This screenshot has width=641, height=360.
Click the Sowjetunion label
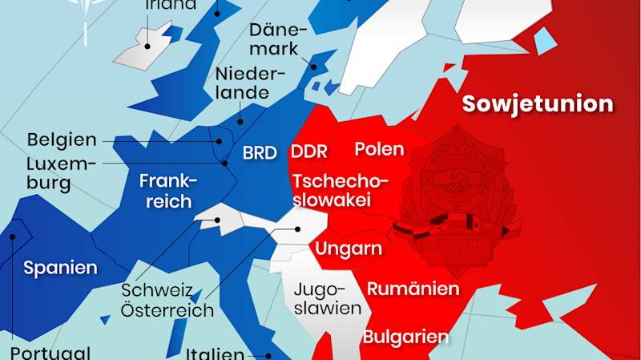click(x=538, y=104)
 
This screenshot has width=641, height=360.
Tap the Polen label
click(x=379, y=149)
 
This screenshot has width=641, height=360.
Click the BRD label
click(x=260, y=152)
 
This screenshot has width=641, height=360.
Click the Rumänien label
click(x=412, y=289)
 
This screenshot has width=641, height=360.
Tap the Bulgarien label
click(x=405, y=337)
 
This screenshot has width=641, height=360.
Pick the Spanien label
click(x=60, y=268)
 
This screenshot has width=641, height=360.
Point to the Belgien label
click(x=62, y=140)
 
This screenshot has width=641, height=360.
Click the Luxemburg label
click(x=59, y=173)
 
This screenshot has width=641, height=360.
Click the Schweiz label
click(x=157, y=289)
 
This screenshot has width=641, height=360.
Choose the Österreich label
click(x=167, y=310)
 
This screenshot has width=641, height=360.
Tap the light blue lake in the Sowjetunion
click(x=545, y=38)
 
